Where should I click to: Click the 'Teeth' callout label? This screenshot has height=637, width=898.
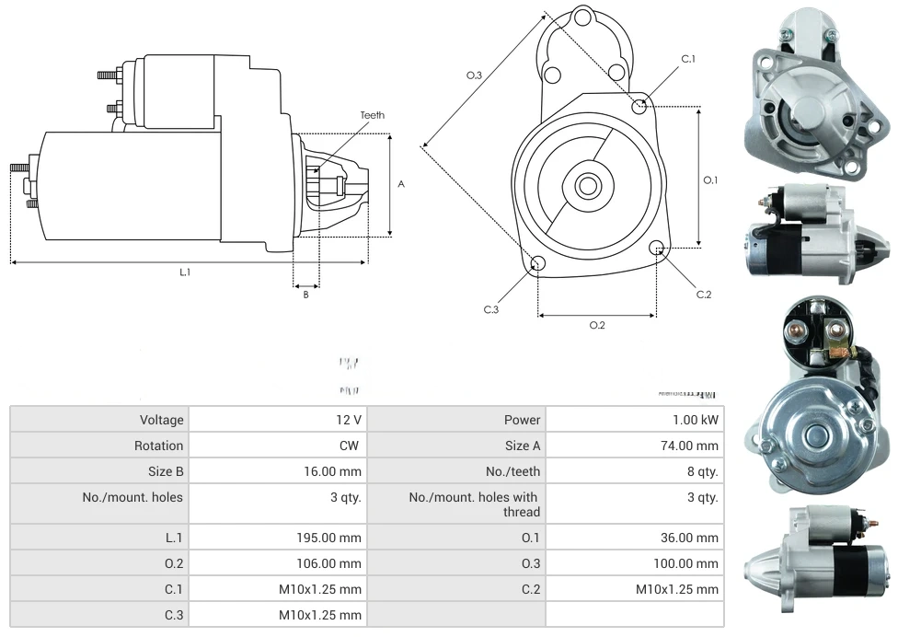(x=373, y=115)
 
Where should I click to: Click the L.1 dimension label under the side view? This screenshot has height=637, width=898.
(x=185, y=272)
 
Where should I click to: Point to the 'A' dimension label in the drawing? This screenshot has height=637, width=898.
(x=401, y=184)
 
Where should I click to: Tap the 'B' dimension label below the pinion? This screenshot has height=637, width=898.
(x=306, y=295)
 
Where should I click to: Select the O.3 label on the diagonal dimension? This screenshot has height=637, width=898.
(x=475, y=75)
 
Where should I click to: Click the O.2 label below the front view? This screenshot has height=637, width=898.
(x=597, y=325)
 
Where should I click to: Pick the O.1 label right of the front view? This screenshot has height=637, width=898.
(x=710, y=180)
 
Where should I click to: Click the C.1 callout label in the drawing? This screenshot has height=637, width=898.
(x=688, y=59)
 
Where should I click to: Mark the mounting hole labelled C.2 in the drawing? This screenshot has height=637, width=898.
(x=657, y=249)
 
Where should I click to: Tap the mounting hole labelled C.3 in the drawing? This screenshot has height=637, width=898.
(x=538, y=265)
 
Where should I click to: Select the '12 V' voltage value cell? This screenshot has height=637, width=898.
(x=349, y=420)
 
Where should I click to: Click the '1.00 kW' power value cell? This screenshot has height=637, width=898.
(x=697, y=420)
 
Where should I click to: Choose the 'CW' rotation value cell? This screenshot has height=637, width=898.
(x=351, y=446)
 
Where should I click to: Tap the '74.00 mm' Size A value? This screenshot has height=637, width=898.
(x=693, y=446)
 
